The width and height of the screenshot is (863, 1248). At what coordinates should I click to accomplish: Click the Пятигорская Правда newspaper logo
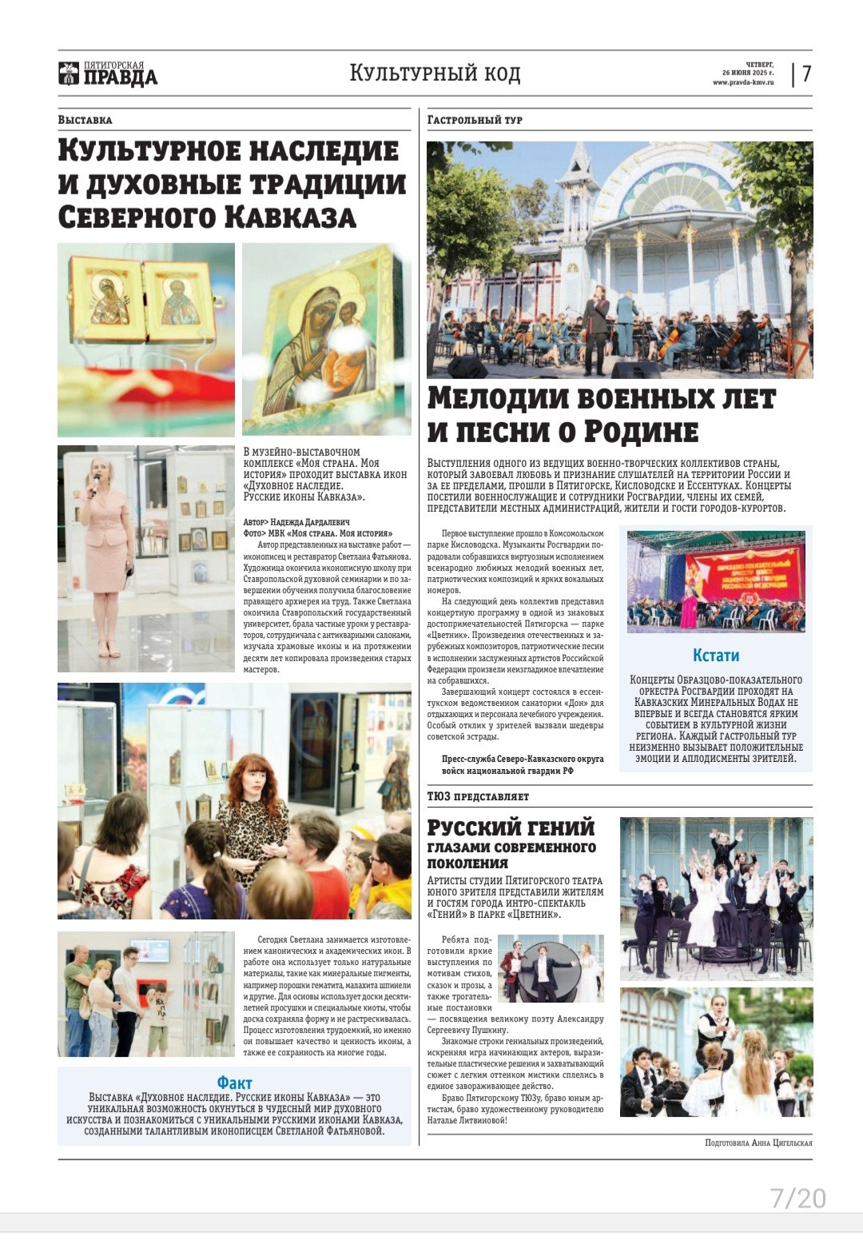[108, 74]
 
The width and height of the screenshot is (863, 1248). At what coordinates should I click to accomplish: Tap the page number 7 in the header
[807, 74]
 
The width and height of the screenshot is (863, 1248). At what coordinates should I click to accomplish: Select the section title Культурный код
[435, 74]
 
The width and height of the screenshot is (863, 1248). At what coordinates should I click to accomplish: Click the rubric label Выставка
[85, 120]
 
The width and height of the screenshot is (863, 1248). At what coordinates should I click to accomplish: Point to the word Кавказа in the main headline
[289, 217]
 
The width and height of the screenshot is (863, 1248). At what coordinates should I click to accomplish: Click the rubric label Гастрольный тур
[475, 120]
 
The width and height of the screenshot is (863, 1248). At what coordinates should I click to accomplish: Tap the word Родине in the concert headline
[639, 432]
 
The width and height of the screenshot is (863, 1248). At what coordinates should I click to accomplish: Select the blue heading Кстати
[715, 656]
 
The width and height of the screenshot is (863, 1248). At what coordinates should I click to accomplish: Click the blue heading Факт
[234, 1083]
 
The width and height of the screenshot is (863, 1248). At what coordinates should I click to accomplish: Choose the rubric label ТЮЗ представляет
[478, 796]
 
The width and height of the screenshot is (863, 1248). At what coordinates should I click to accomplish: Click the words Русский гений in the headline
[511, 827]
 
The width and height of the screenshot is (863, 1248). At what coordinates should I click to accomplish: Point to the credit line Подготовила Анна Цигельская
[758, 1142]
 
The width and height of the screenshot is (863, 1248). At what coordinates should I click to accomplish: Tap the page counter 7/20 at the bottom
[797, 1198]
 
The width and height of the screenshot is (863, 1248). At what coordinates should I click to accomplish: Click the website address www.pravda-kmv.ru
[743, 82]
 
